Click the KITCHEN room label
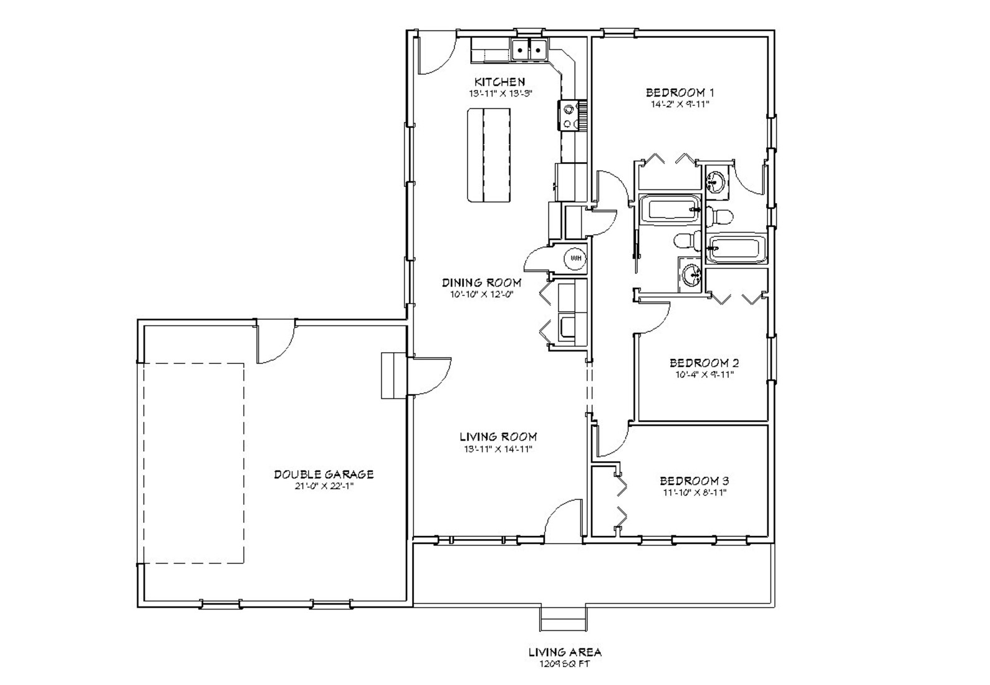pos(499,82)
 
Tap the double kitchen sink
pos(529,49)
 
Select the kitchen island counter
pos(489,155)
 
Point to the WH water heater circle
pos(575,257)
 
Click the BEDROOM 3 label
pos(694,481)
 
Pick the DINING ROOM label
pos(481,282)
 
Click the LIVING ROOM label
pos(497,437)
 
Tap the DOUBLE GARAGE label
pos(324,474)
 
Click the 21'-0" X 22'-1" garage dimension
pos(324,486)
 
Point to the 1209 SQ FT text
pos(564,664)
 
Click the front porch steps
pos(563,618)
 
